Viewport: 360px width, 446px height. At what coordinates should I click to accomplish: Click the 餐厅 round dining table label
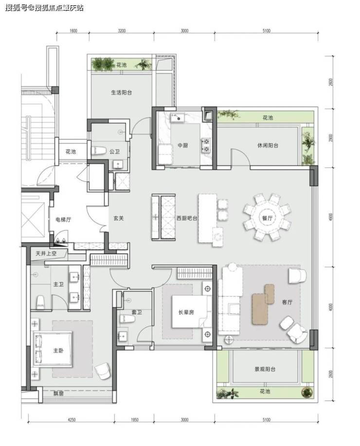267,218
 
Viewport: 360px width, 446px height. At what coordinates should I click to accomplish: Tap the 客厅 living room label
287,302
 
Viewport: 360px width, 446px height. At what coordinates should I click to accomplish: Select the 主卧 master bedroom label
58,351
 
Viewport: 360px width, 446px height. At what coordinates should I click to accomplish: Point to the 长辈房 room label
186,312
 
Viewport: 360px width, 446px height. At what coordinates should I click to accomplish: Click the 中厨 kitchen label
183,146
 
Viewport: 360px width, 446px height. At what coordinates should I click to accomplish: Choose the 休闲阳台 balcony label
268,146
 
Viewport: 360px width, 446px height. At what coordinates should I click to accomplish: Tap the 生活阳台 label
121,93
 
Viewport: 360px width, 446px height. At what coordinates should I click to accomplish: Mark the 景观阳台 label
265,369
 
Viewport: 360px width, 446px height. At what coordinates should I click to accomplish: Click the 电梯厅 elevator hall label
63,220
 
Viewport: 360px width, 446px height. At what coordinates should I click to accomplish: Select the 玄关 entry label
119,219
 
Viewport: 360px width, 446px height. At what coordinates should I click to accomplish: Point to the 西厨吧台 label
187,219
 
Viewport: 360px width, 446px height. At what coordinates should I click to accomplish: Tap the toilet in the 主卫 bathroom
41,302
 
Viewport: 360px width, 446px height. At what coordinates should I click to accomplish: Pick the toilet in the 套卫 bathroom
127,318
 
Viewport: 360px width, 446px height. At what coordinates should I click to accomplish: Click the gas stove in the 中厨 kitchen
206,145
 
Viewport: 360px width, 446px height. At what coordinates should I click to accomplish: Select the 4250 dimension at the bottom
72,420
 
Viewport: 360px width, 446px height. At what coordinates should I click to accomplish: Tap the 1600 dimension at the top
73,31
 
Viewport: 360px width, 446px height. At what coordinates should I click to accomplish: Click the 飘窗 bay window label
58,394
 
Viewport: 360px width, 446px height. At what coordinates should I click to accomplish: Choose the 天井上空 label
46,254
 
